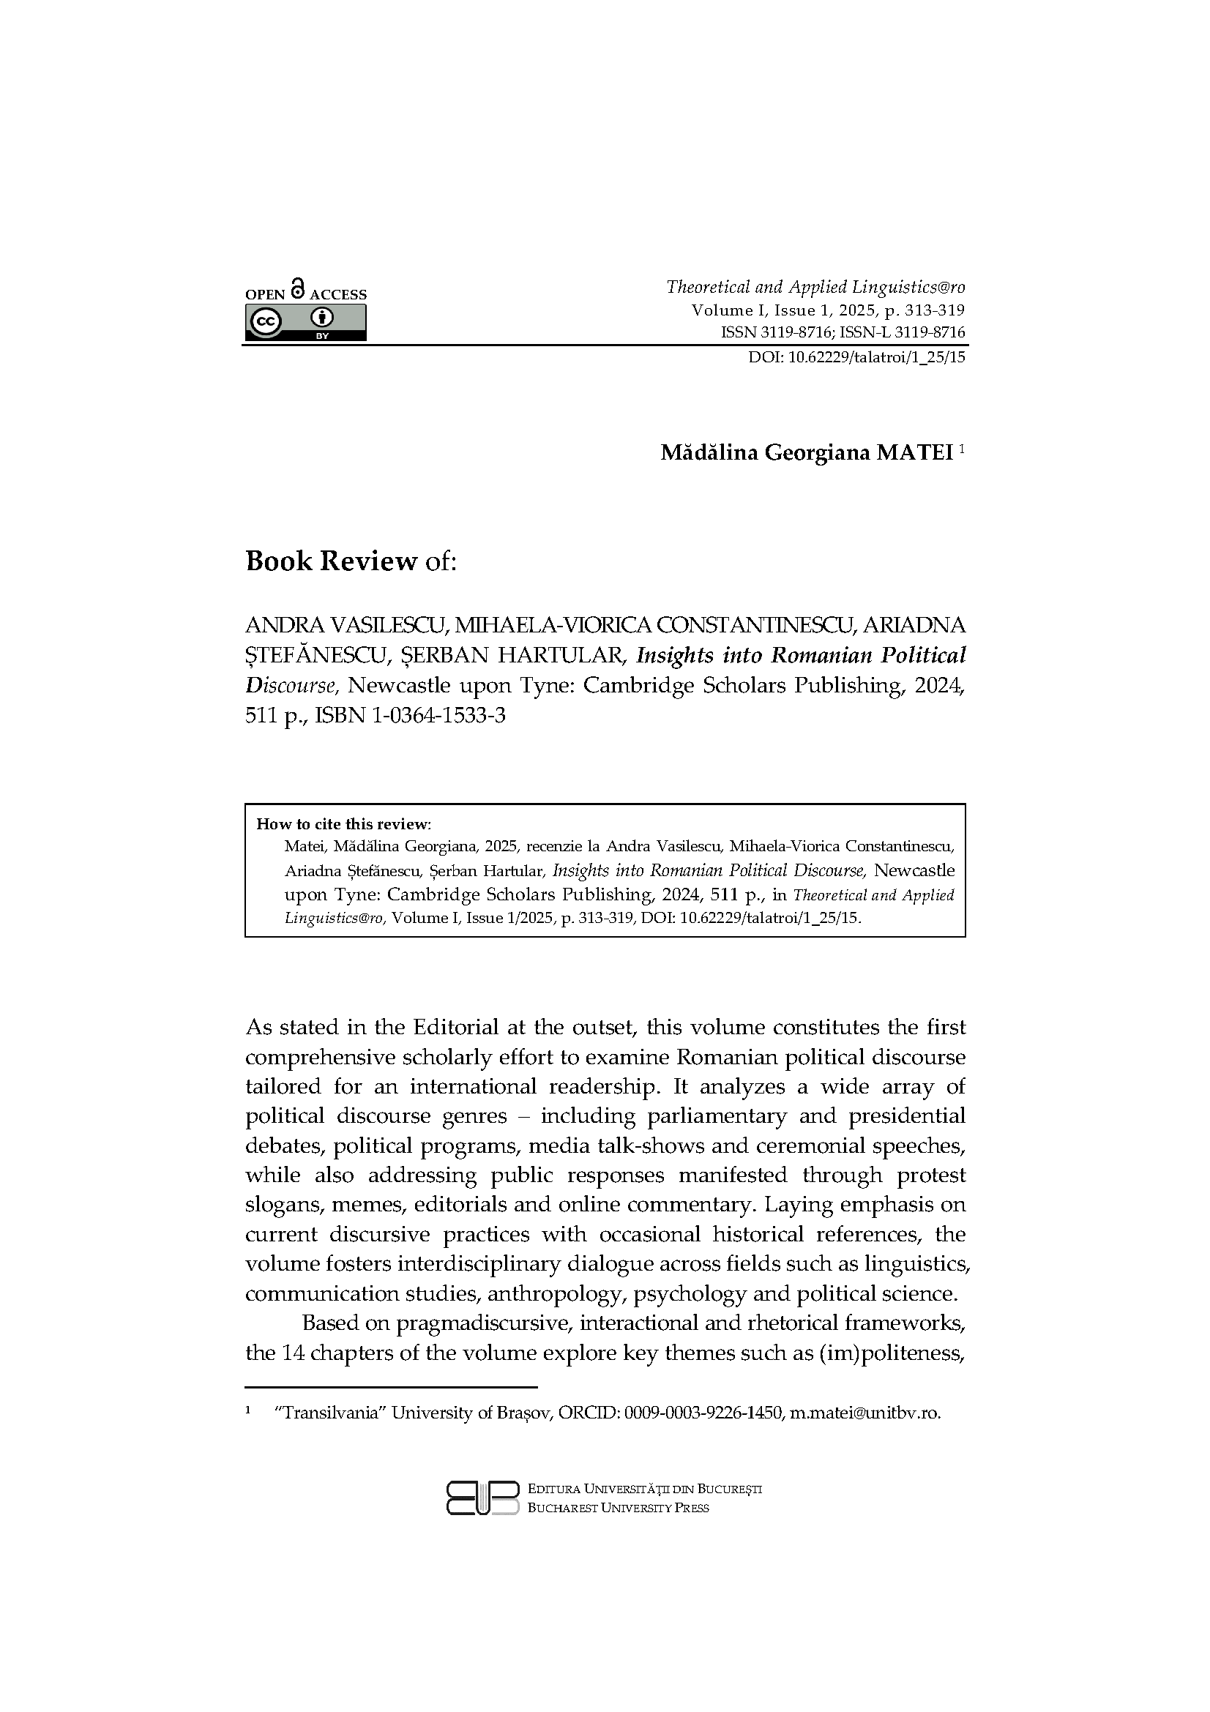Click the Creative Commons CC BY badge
coord(306,323)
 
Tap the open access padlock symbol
coord(298,288)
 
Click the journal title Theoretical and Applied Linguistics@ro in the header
coord(815,287)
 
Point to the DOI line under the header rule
coord(856,357)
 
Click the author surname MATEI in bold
coord(915,452)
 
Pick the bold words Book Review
coord(331,561)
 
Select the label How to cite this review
coord(344,824)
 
